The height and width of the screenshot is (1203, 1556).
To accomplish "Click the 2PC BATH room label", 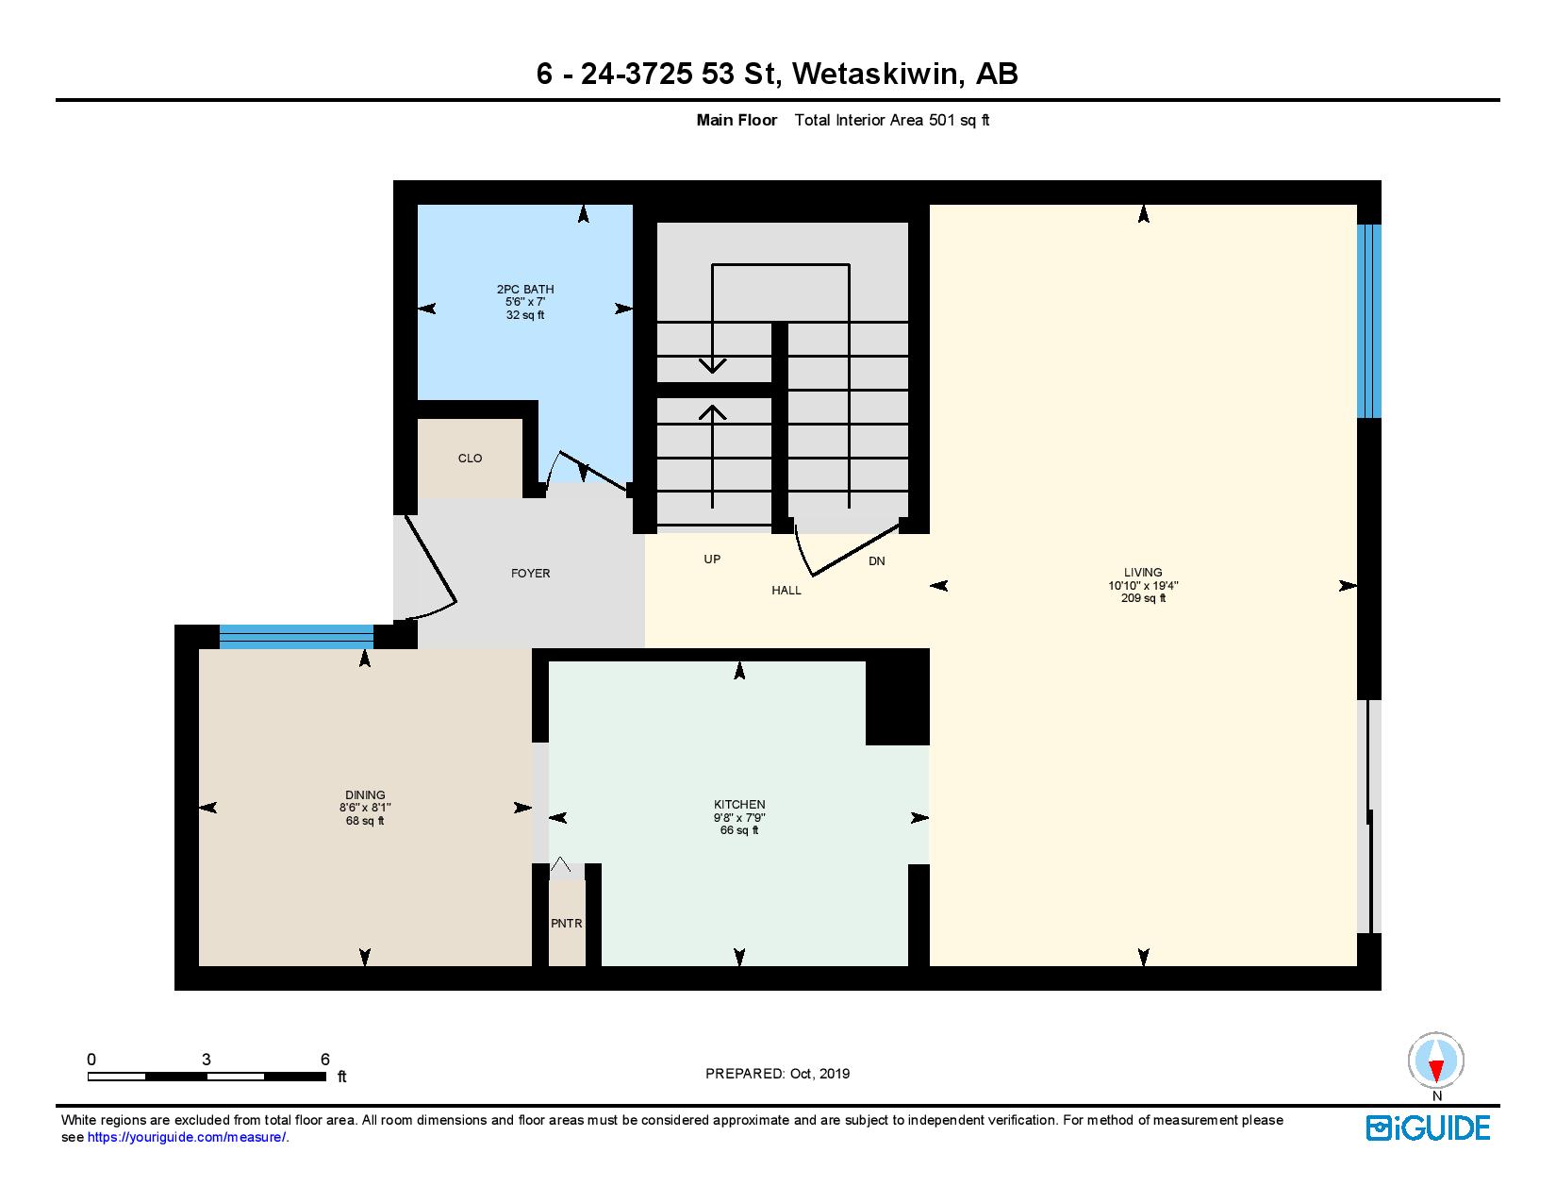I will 525,289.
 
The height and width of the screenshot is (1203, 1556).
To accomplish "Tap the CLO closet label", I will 470,459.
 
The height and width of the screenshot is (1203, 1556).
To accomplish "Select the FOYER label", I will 530,574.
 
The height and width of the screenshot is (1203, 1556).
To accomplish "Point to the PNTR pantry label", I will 567,923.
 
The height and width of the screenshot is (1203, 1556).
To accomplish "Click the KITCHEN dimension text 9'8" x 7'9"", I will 739,818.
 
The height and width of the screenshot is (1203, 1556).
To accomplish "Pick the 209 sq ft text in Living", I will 1143,598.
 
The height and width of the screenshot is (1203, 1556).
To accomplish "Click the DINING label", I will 365,795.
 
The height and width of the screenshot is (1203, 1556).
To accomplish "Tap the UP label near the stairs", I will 712,560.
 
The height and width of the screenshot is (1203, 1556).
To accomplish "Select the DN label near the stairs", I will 877,561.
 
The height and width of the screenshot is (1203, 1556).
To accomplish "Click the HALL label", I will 786,591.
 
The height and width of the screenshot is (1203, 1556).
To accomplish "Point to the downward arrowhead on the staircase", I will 713,365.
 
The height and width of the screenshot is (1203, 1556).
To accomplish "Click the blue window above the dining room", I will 296,637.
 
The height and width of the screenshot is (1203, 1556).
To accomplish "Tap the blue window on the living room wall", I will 1368,321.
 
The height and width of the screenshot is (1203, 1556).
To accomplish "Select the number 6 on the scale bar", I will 325,1059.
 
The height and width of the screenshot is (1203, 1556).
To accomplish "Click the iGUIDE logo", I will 1429,1128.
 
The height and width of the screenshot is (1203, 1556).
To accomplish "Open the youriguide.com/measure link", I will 188,1138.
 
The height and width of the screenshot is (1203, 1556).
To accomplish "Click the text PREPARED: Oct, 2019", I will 778,1074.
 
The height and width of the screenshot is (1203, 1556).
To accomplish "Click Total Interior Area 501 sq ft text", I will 892,120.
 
